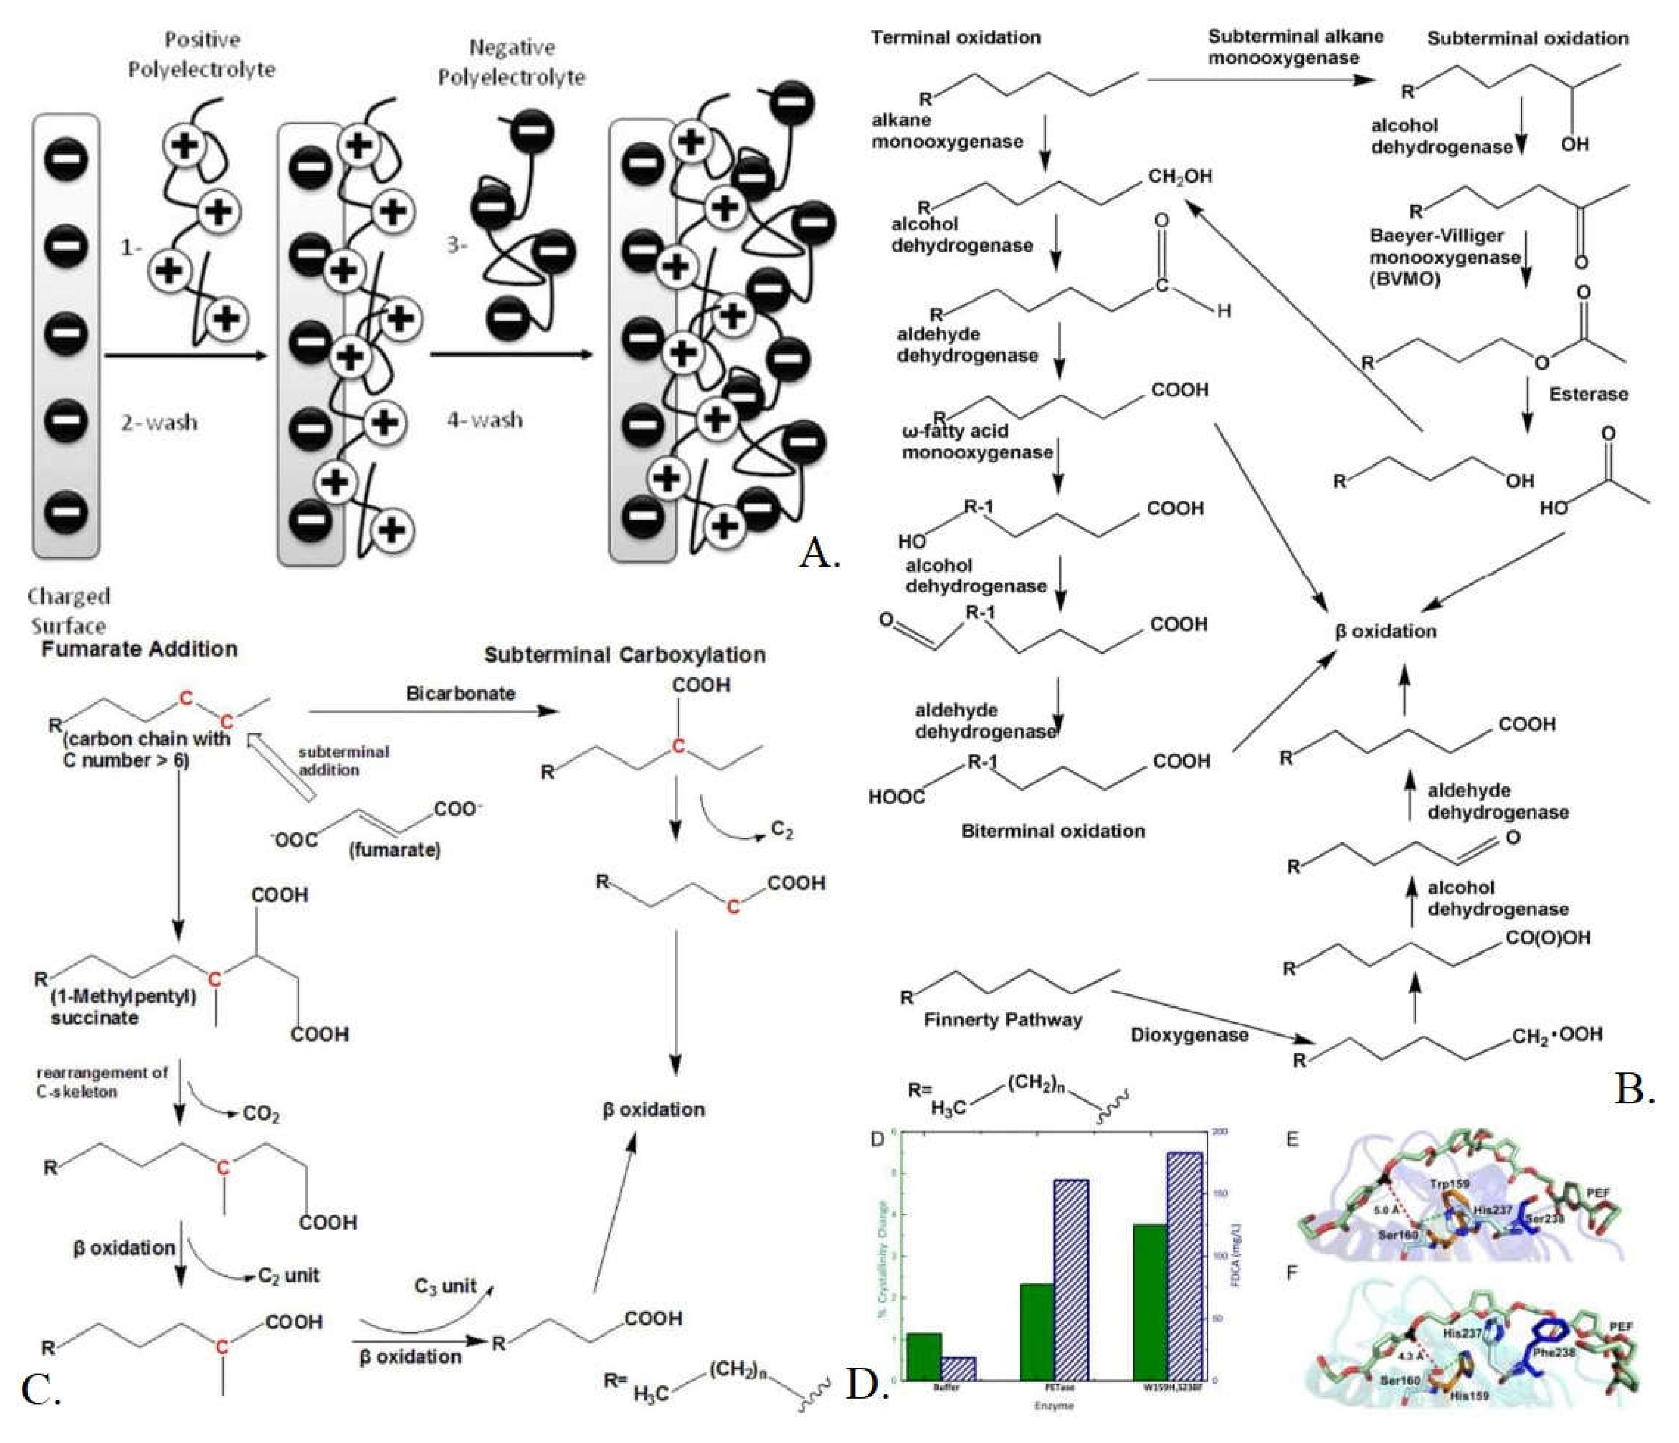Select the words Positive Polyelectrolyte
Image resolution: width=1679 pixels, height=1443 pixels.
click(202, 55)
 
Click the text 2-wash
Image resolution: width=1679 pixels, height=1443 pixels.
click(159, 422)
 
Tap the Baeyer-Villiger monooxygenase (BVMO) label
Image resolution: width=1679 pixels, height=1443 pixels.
click(1444, 257)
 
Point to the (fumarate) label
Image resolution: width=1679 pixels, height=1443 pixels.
click(394, 850)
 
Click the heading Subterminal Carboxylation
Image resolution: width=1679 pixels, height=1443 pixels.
click(625, 655)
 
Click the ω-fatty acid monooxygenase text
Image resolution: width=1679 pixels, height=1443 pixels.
click(976, 442)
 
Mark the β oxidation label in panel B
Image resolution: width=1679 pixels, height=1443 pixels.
click(1385, 631)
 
